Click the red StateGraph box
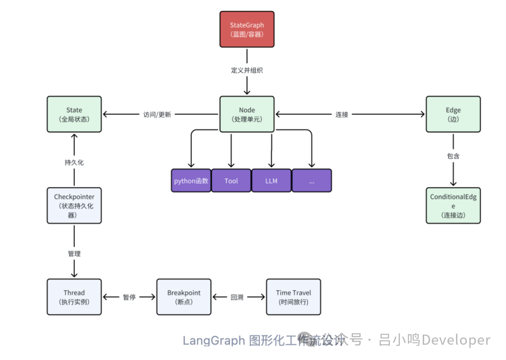pos(247,29)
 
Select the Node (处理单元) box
pos(247,114)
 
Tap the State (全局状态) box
pos(74,114)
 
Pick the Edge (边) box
pos(453,114)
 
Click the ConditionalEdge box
pos(453,206)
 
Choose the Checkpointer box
pos(74,206)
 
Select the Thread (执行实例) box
pos(74,297)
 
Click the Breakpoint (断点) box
pos(184,297)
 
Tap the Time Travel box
pos(293,297)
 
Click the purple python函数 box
pos(191,181)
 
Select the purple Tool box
pos(231,181)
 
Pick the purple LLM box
pos(271,181)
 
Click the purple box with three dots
pos(312,181)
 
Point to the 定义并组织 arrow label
pos(247,70)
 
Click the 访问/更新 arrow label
pos(157,114)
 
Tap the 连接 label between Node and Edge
pos(342,114)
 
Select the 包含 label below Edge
pos(453,156)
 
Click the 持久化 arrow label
pos(74,162)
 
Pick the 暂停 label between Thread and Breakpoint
pos(129,297)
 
